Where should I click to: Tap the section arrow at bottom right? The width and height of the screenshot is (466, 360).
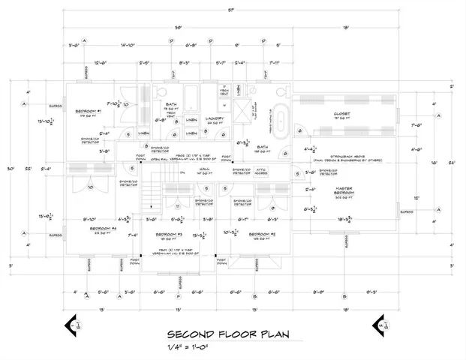coord(380,325)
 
